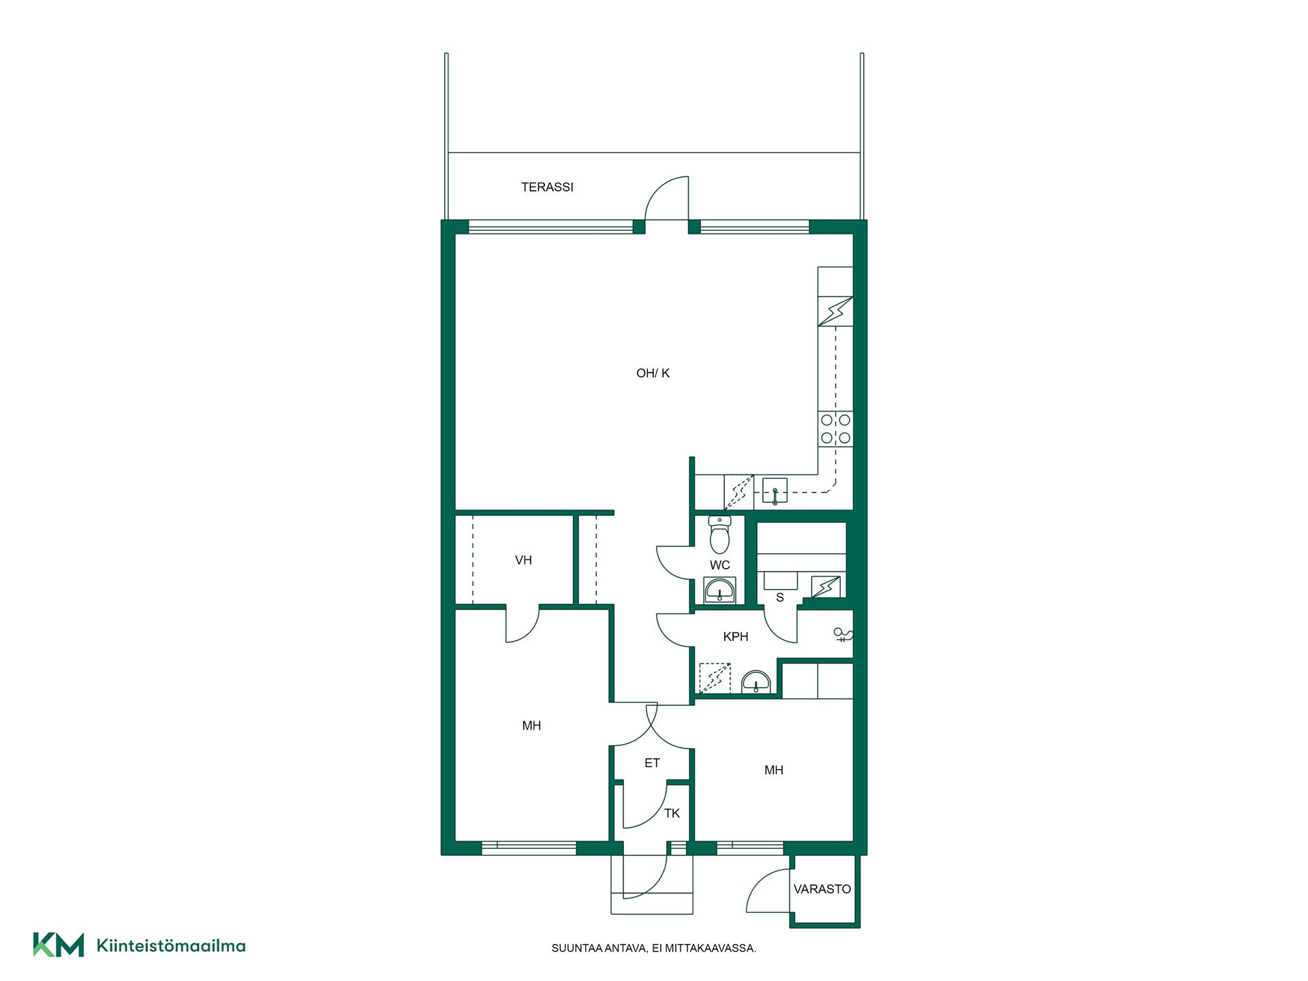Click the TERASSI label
[x=547, y=187]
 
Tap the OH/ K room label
[x=653, y=373]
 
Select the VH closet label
[x=523, y=560]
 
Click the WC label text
[x=719, y=565]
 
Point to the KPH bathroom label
[x=736, y=636]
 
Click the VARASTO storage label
[x=822, y=889]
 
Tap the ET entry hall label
[x=652, y=763]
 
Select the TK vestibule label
[x=672, y=813]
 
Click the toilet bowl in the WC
[x=719, y=535]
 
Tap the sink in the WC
[x=720, y=590]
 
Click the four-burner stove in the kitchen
[x=835, y=429]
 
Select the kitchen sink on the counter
[x=775, y=490]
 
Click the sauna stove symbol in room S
[x=826, y=587]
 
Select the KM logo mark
[x=59, y=945]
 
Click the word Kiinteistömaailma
[x=171, y=946]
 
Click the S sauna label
[x=780, y=597]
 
